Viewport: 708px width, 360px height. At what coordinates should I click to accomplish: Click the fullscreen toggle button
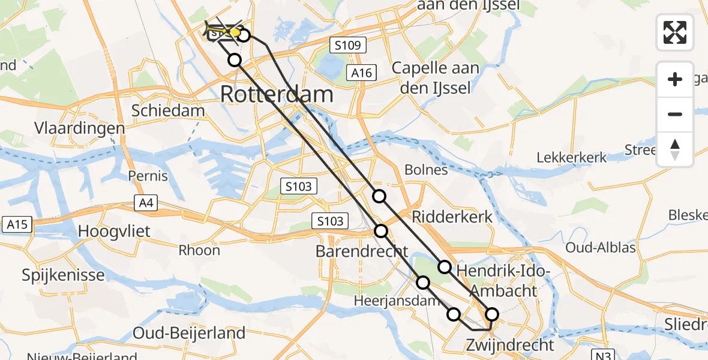675,32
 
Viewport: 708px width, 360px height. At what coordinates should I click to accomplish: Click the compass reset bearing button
675,149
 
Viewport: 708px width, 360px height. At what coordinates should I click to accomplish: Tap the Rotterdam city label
277,94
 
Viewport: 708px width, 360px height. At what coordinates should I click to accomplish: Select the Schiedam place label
168,110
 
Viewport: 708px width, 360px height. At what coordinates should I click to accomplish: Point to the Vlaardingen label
79,128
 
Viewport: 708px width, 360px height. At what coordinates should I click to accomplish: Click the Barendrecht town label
362,251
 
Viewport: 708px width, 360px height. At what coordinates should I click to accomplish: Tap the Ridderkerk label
452,217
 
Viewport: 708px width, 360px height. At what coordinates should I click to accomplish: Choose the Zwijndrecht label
510,345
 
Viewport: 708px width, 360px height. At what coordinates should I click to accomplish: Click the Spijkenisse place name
63,275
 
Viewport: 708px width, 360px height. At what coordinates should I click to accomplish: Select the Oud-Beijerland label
189,333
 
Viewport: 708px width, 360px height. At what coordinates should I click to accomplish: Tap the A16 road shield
362,73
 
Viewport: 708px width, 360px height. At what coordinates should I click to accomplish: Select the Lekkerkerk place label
571,158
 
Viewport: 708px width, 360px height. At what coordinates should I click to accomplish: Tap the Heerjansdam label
389,301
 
